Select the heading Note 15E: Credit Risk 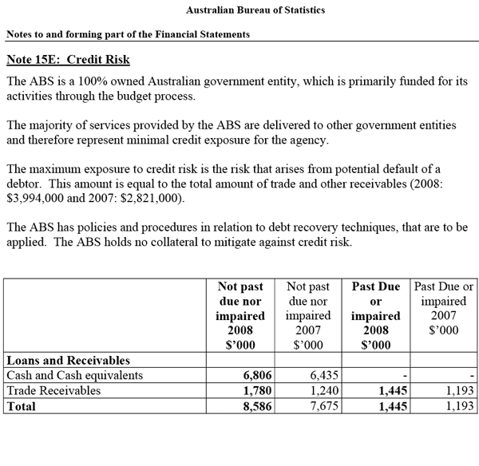click(x=68, y=60)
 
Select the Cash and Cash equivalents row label click(x=74, y=375)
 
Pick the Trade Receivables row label click(x=53, y=390)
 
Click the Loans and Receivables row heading click(x=68, y=360)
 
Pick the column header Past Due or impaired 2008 click(x=376, y=316)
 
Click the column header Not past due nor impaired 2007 click(x=307, y=316)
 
